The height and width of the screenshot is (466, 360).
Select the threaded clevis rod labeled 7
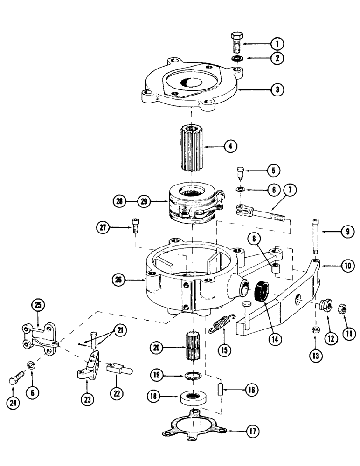click(256, 214)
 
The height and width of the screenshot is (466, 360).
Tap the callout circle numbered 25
click(37, 306)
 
